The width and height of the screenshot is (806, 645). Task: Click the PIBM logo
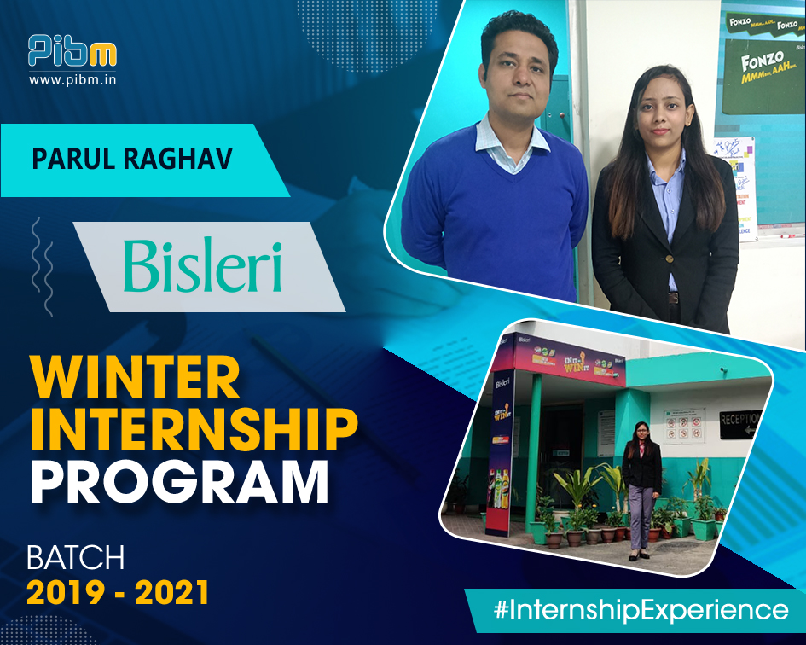tap(72, 51)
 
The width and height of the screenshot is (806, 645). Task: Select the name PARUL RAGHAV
tap(131, 160)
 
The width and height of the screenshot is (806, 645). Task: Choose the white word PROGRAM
tap(179, 482)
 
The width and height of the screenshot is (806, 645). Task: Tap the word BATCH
tap(76, 558)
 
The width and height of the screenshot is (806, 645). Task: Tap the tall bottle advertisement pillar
tap(502, 461)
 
